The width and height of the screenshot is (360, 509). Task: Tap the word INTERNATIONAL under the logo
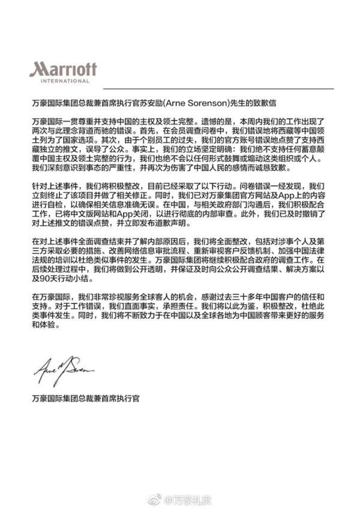tap(63, 80)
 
